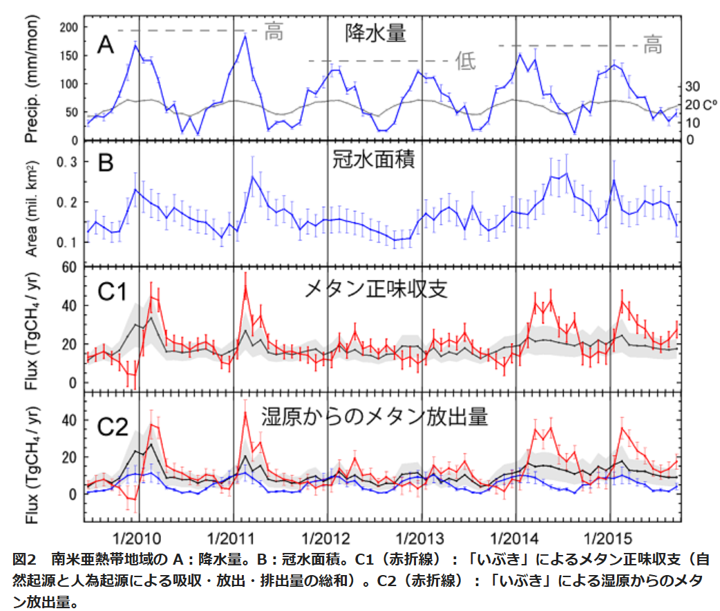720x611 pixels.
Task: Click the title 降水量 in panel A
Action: (375, 32)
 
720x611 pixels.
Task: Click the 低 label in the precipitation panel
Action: (466, 62)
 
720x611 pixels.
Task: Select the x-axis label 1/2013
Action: (421, 536)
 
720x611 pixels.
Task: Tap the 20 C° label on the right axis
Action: (699, 104)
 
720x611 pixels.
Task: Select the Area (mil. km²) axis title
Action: (32, 207)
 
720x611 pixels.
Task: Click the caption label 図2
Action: (25, 558)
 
